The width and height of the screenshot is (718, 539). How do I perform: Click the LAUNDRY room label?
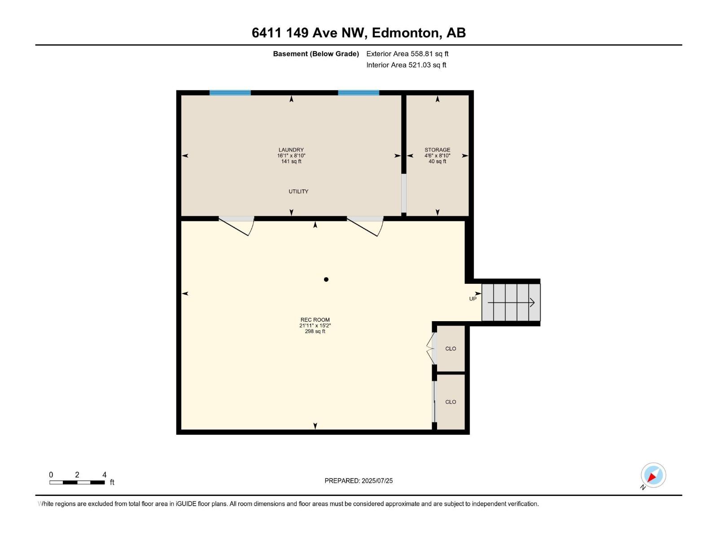291,150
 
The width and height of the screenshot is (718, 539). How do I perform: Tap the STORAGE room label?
437,150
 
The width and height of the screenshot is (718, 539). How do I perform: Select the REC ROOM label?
315,320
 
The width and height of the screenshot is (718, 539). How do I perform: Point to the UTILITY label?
298,191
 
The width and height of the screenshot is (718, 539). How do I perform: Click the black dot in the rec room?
326,279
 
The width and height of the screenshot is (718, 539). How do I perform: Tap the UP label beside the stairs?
473,299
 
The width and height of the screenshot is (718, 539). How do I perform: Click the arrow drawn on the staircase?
511,303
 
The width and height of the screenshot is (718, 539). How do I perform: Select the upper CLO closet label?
451,349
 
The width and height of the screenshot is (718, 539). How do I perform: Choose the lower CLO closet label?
451,402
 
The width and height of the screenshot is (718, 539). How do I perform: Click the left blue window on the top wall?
230,93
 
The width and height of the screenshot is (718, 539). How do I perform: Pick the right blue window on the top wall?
359,93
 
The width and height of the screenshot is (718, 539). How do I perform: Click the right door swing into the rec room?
365,226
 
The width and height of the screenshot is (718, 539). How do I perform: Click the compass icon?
653,475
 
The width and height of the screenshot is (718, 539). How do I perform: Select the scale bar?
77,482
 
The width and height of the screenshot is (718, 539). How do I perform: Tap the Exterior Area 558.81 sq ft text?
407,54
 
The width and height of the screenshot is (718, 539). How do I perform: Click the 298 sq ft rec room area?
315,331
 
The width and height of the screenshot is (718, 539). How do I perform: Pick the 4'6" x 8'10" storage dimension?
437,156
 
